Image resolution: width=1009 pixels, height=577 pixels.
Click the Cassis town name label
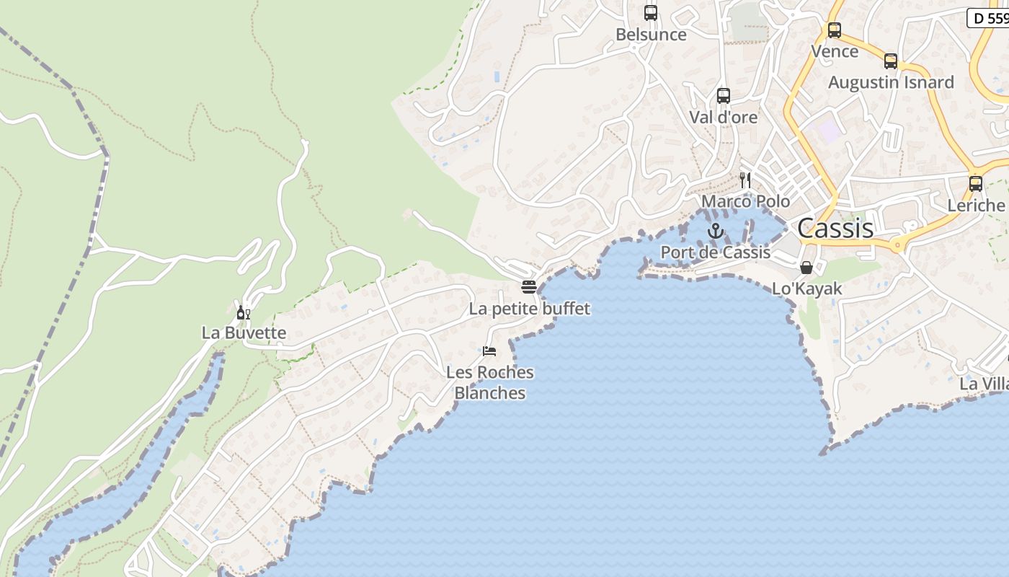[835, 229]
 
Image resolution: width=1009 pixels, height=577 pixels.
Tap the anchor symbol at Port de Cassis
[715, 231]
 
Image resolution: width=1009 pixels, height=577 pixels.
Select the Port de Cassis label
[715, 252]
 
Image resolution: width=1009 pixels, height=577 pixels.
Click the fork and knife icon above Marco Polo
[745, 180]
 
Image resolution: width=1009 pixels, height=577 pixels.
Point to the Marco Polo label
[745, 201]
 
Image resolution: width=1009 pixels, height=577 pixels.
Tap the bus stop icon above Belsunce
[650, 13]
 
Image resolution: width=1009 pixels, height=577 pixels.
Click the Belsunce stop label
[650, 35]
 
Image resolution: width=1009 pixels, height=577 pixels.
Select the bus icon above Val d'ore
[723, 95]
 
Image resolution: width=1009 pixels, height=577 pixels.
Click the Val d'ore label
[723, 117]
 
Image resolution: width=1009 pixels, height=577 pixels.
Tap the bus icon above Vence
[834, 30]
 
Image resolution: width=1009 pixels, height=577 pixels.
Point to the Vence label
[834, 52]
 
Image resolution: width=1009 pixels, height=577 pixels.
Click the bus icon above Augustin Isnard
[890, 61]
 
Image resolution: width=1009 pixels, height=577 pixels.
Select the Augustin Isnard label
[890, 83]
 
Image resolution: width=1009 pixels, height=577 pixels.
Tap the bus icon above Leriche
[975, 184]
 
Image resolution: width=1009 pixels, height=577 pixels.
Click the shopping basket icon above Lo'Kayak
[806, 268]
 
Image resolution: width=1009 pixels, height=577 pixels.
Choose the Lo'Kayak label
[806, 289]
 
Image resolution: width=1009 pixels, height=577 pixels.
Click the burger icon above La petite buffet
[528, 287]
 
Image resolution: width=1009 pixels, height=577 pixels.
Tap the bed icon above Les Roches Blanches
[489, 351]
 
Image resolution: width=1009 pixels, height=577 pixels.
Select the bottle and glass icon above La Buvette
[243, 312]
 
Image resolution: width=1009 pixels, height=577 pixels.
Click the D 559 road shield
[989, 18]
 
